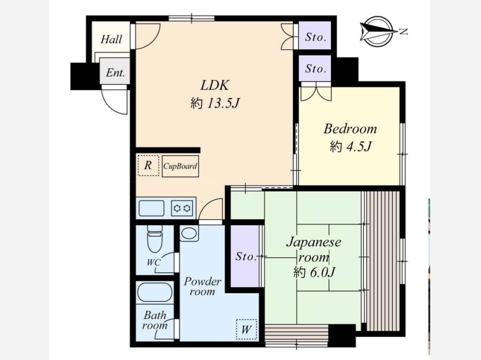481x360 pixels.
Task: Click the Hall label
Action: coord(111,39)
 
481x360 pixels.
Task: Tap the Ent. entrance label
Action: coord(115,73)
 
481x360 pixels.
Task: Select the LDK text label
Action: coord(215,85)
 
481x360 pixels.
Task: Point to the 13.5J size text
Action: coord(223,104)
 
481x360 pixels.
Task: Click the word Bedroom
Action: coord(350,128)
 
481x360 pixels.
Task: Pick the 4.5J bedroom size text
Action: coord(359,147)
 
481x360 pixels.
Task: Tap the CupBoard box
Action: coord(180,166)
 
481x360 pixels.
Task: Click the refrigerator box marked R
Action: coord(148,166)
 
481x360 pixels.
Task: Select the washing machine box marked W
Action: coord(246,330)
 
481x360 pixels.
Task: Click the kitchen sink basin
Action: coord(152,209)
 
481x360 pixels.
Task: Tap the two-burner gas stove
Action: coord(182,209)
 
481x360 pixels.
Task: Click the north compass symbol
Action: coord(377,32)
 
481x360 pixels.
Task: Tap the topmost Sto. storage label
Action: coord(315,37)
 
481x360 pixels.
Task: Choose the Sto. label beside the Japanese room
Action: coord(246,256)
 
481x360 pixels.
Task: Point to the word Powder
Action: coord(202,281)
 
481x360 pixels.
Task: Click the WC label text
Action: coord(153,263)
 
